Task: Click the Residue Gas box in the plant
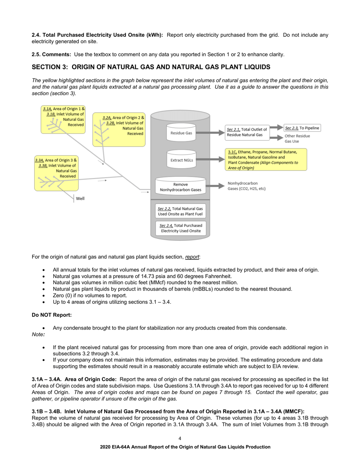point(181,133)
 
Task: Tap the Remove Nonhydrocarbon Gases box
point(180,187)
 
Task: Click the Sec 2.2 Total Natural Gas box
point(180,211)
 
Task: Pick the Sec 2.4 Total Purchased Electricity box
point(180,228)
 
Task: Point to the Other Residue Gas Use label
point(297,138)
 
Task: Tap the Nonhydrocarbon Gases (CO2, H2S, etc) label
point(246,186)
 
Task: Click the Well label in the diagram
point(80,198)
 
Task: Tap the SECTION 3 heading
point(151,67)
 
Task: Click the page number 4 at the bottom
point(180,438)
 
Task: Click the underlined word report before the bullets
point(192,257)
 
